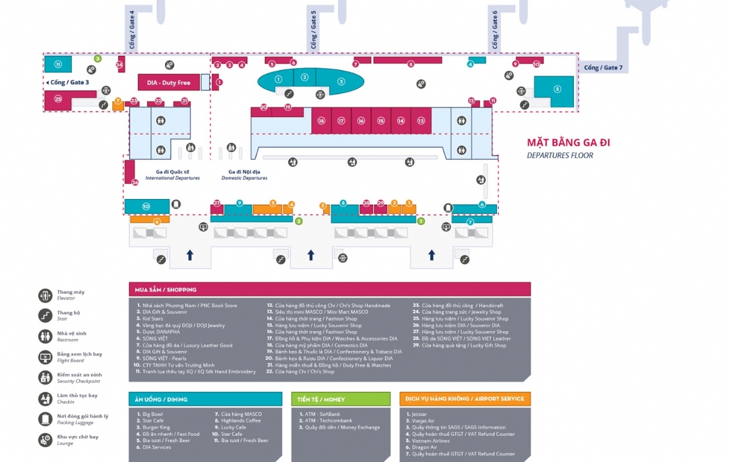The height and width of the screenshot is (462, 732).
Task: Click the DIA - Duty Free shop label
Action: tap(168, 82)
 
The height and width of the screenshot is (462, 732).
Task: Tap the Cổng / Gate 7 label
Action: tap(602, 67)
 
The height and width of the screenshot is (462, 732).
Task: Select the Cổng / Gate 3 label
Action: tap(69, 82)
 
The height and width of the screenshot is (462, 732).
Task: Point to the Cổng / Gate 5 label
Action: tap(313, 30)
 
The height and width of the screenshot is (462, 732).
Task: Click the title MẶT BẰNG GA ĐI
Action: tap(568, 143)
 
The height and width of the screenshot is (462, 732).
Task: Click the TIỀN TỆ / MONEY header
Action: tap(321, 399)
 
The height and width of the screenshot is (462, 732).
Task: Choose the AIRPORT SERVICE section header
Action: tap(465, 399)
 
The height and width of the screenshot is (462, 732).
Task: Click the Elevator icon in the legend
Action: tap(45, 295)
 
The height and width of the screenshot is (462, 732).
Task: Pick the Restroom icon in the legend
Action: tap(45, 337)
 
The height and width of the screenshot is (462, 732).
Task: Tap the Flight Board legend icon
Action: tap(45, 357)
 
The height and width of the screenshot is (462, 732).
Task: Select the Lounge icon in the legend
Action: tap(45, 440)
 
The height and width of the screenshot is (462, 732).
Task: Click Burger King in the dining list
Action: tap(156, 427)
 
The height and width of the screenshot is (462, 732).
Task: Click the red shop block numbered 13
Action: tap(421, 121)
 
